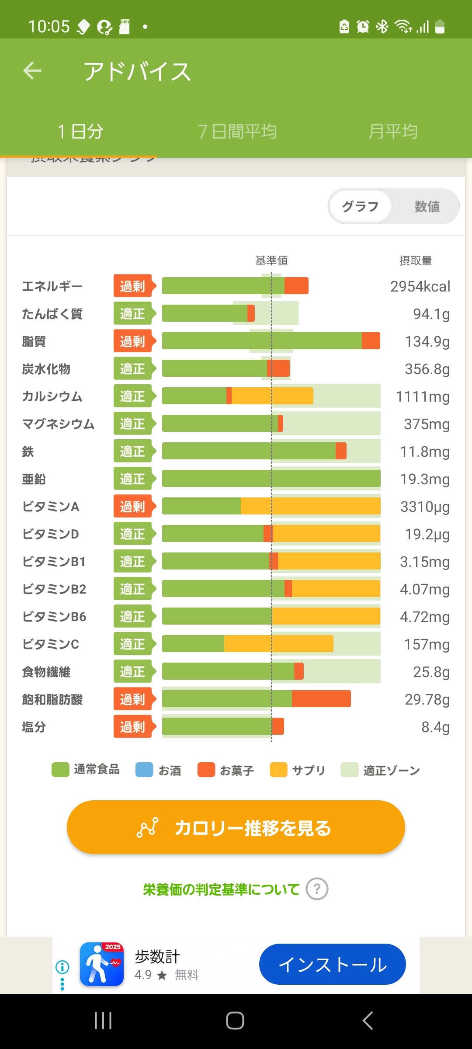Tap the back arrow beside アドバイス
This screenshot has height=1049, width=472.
[32, 71]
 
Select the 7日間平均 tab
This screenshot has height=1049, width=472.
[237, 131]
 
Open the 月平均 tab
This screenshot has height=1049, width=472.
[392, 131]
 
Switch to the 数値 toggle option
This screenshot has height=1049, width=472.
[427, 206]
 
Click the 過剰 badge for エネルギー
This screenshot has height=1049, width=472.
[133, 286]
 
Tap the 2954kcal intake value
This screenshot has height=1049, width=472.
[420, 286]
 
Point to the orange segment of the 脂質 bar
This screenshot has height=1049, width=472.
[371, 341]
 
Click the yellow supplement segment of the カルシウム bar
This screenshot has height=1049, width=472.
[272, 396]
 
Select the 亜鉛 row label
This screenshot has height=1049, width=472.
[34, 479]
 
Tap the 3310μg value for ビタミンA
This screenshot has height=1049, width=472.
[425, 507]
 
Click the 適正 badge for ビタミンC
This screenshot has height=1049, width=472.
[133, 644]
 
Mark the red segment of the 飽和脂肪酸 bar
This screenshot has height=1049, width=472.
[321, 698]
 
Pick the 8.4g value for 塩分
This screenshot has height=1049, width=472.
[435, 727]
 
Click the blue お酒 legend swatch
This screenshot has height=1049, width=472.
[144, 770]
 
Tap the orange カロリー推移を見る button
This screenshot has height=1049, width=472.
[236, 827]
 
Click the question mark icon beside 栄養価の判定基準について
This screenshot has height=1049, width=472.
[317, 889]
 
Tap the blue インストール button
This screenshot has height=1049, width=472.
[332, 964]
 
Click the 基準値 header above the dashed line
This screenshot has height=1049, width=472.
[271, 261]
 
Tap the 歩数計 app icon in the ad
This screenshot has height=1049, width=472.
[102, 964]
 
